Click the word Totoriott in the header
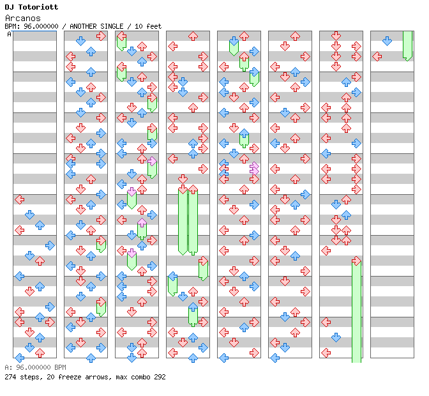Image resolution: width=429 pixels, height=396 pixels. pyautogui.click(x=37, y=7)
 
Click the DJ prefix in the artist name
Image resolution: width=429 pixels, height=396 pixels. pyautogui.click(x=9, y=7)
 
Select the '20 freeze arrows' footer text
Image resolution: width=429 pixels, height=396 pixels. pyautogui.click(x=73, y=377)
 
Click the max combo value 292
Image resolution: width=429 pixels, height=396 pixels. pyautogui.click(x=158, y=377)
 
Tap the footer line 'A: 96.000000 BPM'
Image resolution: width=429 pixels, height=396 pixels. pyautogui.click(x=35, y=368)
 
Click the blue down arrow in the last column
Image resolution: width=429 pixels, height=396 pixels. pyautogui.click(x=387, y=41)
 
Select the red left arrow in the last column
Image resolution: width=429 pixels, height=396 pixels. pyautogui.click(x=377, y=56)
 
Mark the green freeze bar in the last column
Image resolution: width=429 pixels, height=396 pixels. pyautogui.click(x=407, y=45)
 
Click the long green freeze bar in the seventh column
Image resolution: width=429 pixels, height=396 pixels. pyautogui.click(x=356, y=310)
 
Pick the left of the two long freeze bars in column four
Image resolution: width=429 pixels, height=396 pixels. pyautogui.click(x=183, y=220)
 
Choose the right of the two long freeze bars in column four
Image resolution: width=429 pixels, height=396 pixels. pyautogui.click(x=193, y=220)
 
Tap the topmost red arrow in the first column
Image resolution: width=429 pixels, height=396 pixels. pyautogui.click(x=19, y=199)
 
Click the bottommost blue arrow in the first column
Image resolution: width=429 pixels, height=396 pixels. pyautogui.click(x=19, y=358)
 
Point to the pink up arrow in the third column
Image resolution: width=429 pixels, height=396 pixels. pyautogui.click(x=142, y=222)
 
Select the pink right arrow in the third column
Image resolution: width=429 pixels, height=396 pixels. pyautogui.click(x=152, y=161)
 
